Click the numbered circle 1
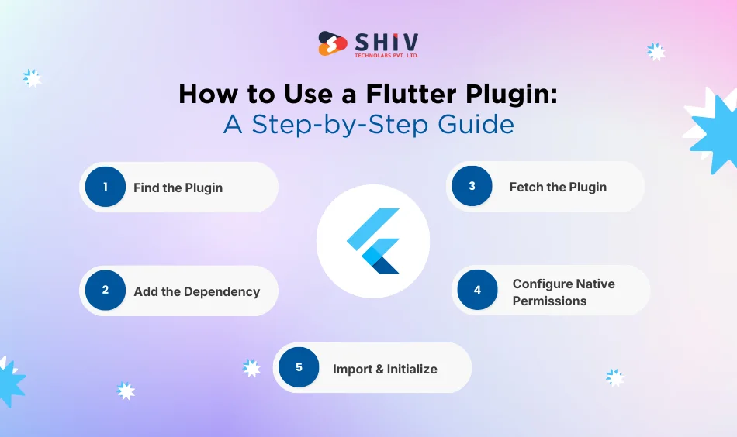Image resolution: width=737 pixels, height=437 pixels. click(106, 187)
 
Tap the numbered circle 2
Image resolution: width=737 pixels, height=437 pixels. click(106, 291)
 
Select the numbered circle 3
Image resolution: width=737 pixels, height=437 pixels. click(472, 186)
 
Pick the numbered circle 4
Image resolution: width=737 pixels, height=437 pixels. click(477, 290)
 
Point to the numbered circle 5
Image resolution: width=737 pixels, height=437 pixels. click(299, 368)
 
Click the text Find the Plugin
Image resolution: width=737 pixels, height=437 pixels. click(178, 188)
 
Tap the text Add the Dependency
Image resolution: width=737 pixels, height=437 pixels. click(196, 291)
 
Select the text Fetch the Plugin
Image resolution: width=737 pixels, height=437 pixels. click(558, 187)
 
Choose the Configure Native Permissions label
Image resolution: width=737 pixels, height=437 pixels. click(563, 292)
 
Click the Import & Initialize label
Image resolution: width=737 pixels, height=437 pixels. click(385, 369)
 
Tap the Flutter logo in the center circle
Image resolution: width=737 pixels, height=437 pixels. click(373, 241)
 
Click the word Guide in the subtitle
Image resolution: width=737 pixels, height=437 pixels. click(479, 124)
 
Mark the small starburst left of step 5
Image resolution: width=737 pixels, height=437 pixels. click(251, 368)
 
